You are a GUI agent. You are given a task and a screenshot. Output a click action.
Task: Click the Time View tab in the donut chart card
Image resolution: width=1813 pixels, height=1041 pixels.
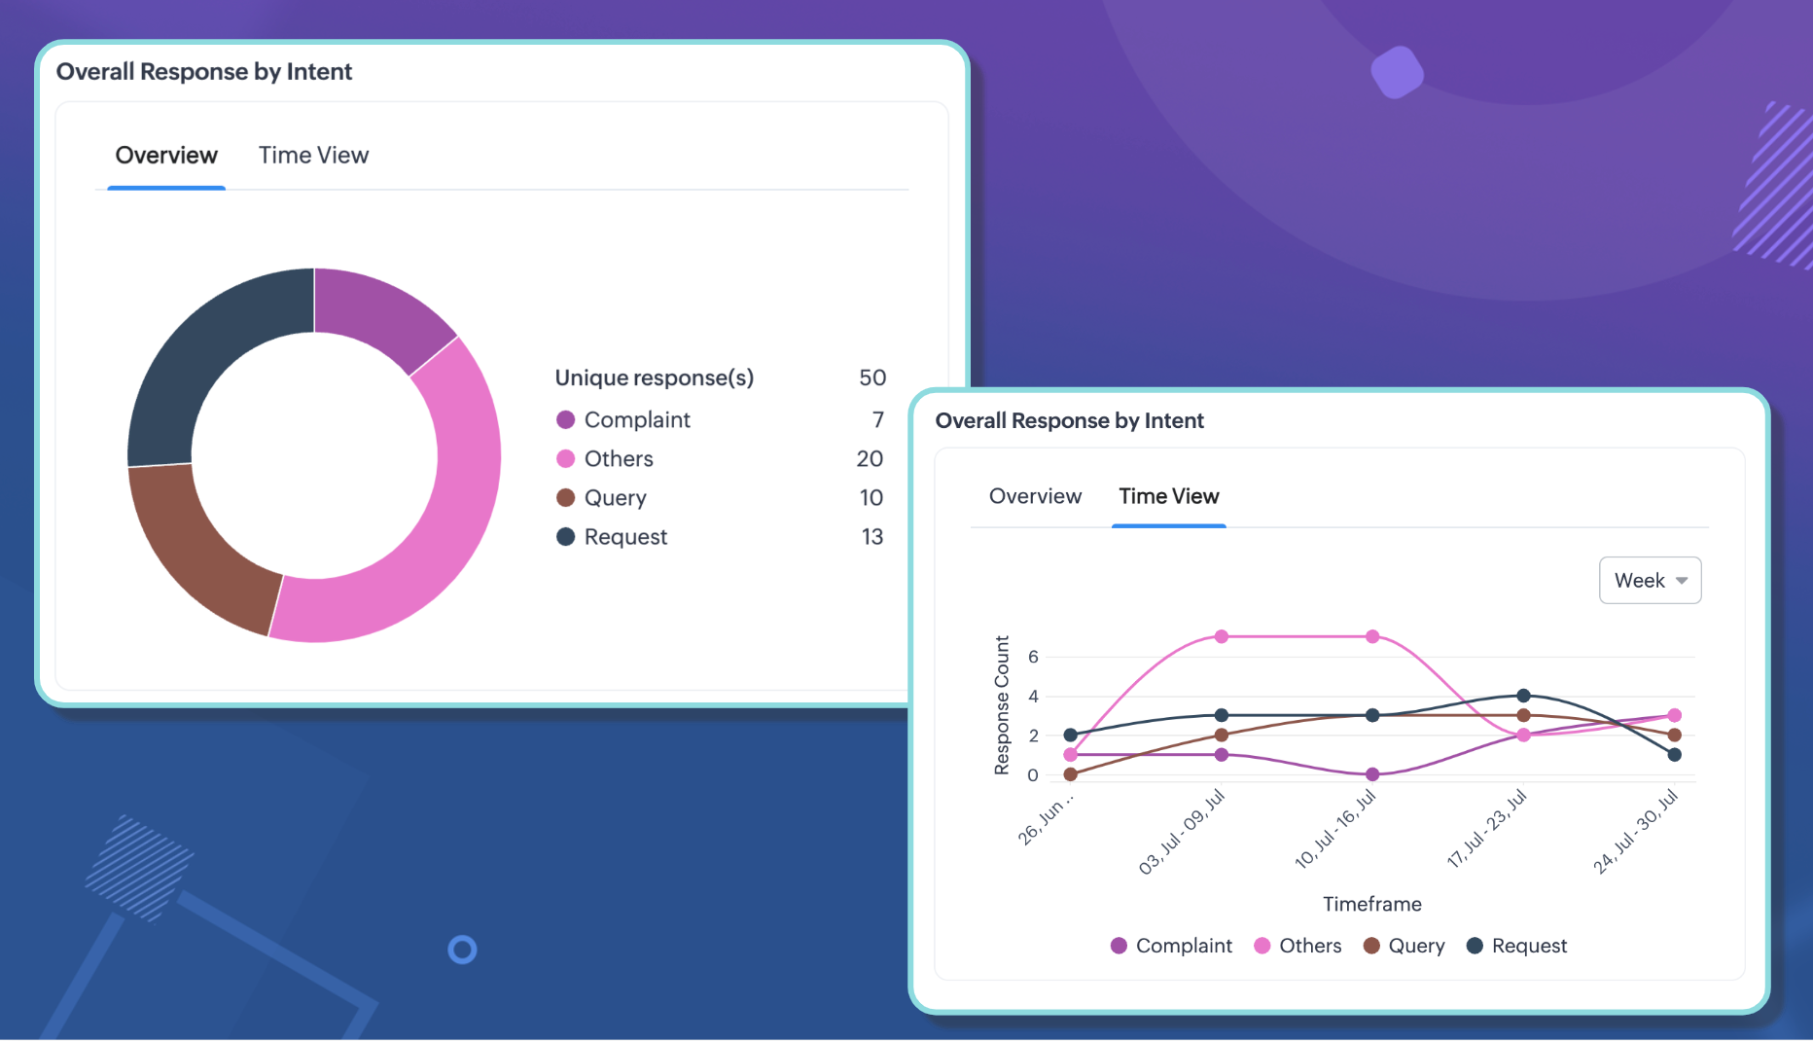click(x=313, y=156)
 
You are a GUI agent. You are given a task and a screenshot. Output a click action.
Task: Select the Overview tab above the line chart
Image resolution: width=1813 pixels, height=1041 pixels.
click(x=1035, y=496)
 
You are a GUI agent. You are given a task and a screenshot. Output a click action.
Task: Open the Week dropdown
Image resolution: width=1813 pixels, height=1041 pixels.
click(x=1650, y=581)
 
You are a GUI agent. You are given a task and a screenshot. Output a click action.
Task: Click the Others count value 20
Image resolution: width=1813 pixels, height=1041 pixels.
click(x=870, y=459)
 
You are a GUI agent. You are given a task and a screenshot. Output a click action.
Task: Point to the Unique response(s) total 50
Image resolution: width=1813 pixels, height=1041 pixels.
click(x=872, y=377)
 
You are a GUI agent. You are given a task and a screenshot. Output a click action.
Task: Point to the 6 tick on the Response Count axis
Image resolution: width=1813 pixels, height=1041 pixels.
click(x=1033, y=657)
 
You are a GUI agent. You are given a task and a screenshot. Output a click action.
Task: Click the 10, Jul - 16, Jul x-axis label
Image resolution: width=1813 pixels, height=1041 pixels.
click(x=1336, y=829)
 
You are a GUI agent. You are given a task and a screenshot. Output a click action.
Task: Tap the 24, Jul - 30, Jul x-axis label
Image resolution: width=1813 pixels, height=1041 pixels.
click(x=1636, y=832)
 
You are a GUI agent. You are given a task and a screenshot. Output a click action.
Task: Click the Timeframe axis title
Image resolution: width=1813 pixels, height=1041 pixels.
click(x=1371, y=904)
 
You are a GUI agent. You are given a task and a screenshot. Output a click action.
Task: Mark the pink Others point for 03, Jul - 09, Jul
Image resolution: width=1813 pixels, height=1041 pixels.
click(x=1222, y=636)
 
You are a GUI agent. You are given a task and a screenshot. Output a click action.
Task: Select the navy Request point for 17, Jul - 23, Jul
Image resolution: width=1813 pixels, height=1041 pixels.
click(x=1523, y=696)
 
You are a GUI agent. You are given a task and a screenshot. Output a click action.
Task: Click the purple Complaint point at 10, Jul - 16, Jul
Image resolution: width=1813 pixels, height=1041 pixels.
click(x=1372, y=774)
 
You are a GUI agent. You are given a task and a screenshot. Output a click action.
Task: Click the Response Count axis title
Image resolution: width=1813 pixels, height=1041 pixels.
click(x=1002, y=705)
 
